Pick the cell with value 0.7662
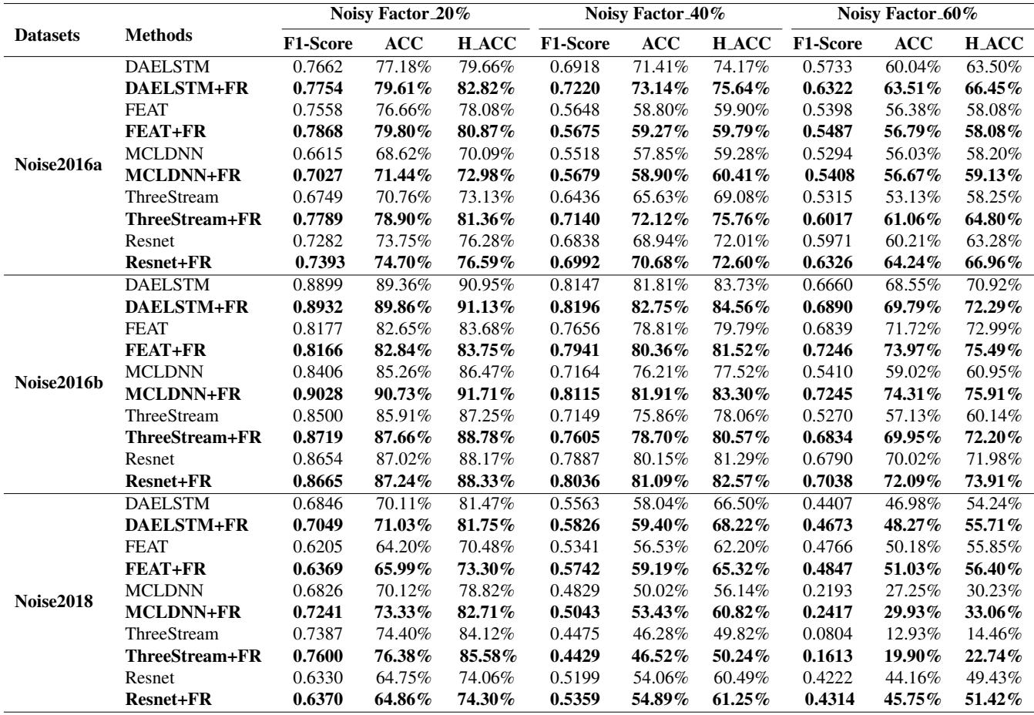pyautogui.click(x=319, y=67)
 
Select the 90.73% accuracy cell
pyautogui.click(x=403, y=394)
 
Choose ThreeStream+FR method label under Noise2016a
pyautogui.click(x=193, y=220)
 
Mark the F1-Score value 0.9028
pyautogui.click(x=319, y=394)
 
